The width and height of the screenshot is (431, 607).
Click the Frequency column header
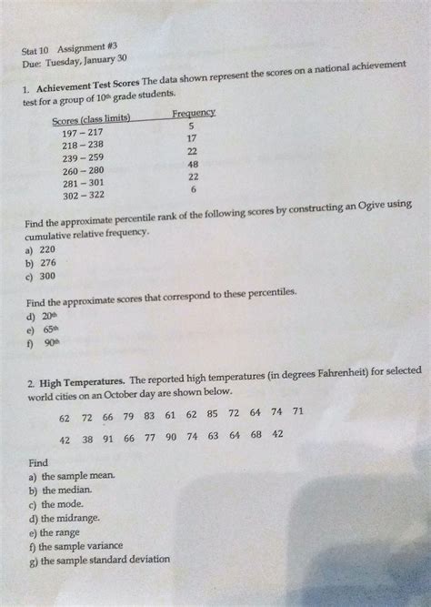pos(193,113)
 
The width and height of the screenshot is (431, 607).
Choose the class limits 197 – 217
pos(83,133)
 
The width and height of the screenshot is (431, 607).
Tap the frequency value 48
pos(193,165)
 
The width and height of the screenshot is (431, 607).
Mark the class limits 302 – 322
pos(83,195)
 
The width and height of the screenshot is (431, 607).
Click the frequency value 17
pos(192,138)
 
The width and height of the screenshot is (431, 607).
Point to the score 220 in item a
pos(47,248)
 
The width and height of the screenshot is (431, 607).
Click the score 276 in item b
pos(47,262)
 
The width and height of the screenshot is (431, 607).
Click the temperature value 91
pos(107,439)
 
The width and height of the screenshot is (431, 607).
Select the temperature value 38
pos(87,439)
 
